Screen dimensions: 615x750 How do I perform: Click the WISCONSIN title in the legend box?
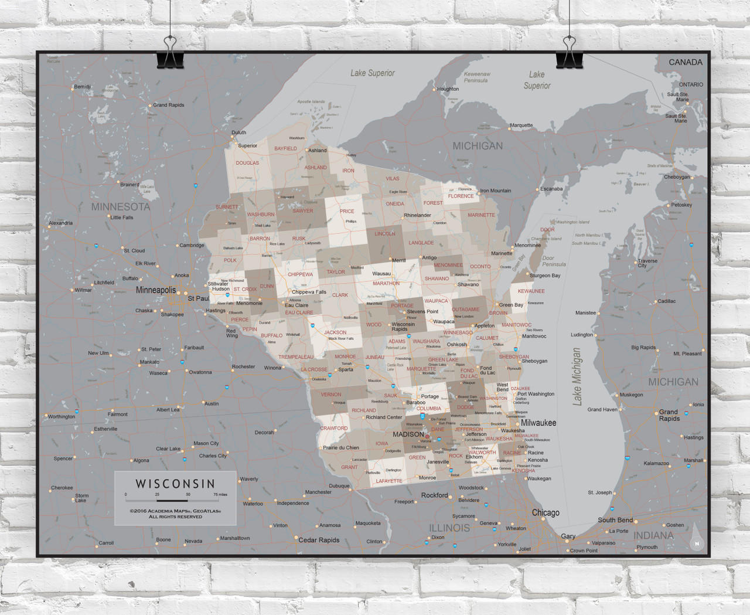(175, 484)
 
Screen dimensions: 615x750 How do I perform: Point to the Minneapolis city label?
(156, 290)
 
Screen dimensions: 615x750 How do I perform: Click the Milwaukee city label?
(538, 423)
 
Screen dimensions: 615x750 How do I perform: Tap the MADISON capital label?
(408, 434)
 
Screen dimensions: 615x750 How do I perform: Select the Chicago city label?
(546, 512)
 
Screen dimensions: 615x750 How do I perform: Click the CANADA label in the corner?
(686, 62)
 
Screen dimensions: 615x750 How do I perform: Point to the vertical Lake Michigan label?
(577, 376)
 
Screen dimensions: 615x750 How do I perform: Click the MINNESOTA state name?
(121, 207)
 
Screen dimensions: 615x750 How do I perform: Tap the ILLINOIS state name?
(449, 528)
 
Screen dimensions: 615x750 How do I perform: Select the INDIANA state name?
(653, 535)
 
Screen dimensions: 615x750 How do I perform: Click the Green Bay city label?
(511, 305)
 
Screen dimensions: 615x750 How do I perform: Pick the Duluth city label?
(238, 132)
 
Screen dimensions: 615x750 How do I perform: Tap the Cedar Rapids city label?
(319, 540)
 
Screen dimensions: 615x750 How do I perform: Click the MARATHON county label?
(386, 284)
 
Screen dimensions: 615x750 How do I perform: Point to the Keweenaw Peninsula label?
(477, 77)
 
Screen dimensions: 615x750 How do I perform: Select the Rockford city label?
(434, 495)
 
